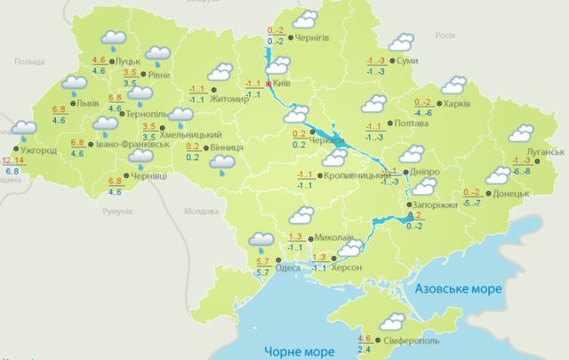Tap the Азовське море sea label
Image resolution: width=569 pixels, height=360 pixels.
pos(460,289)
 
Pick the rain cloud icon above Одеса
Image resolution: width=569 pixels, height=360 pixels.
pos(261,238)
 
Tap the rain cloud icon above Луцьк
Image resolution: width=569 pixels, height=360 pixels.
pos(114,38)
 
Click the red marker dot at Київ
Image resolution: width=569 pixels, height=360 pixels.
pos(268,84)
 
